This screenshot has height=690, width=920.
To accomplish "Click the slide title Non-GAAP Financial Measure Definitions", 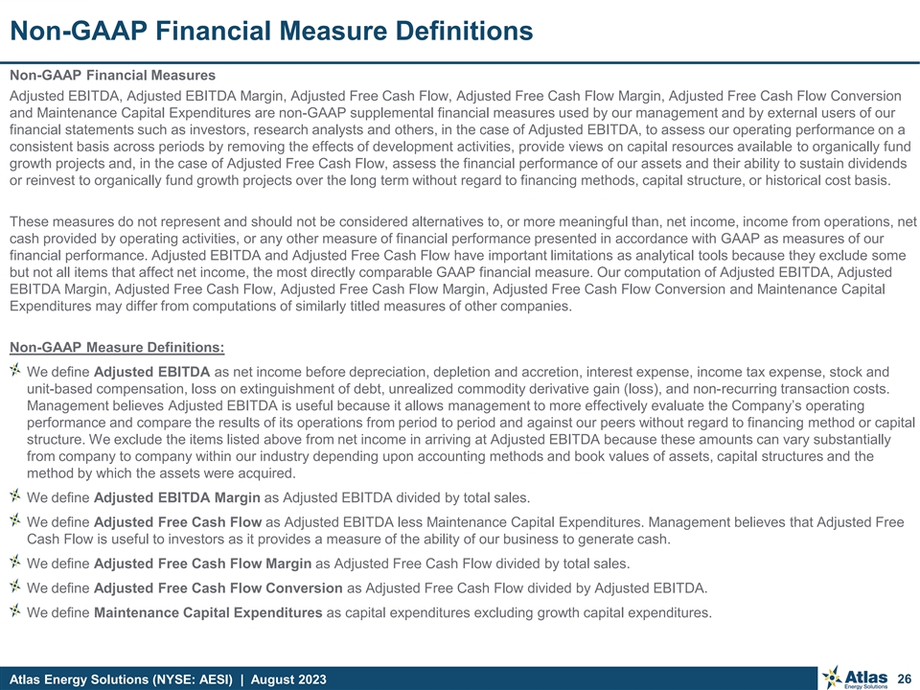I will point(271,31).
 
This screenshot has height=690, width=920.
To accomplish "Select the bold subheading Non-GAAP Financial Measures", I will point(112,75).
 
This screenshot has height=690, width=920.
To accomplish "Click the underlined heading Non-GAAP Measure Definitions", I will point(117,347).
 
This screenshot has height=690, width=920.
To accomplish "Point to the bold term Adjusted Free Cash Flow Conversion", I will point(218,587).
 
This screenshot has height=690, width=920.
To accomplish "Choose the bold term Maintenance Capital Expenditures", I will point(208,613).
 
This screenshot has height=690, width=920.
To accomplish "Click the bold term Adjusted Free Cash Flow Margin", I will point(202,563).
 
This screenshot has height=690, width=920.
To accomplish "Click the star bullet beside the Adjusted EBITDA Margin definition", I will point(15,495).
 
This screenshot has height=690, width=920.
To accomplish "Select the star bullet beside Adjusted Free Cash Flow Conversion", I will point(15,586).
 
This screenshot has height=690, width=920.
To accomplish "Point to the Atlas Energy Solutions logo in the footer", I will point(852,677).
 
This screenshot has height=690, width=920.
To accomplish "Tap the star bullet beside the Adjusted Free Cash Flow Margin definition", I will point(15,562).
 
